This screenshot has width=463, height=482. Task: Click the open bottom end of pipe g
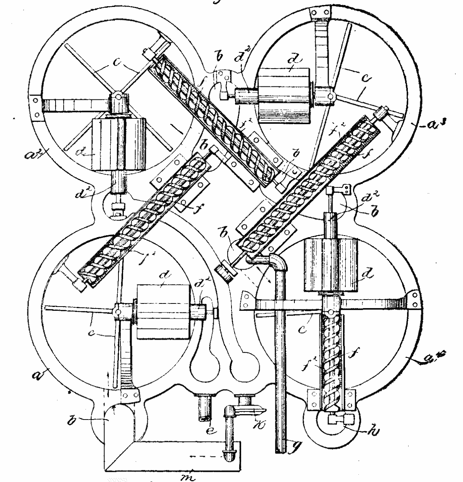[x=281, y=450]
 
